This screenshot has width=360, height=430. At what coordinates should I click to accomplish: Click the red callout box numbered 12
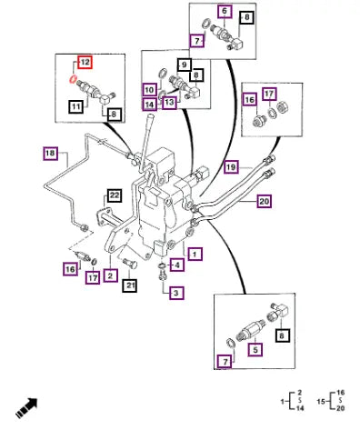[85, 62]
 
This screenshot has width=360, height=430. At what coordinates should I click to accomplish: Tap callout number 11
[75, 106]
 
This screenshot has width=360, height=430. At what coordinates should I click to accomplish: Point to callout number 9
[185, 65]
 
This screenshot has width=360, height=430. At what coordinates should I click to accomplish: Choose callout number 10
[150, 90]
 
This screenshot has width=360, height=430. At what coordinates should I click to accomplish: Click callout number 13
[169, 102]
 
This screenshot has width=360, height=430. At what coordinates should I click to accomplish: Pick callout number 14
[150, 105]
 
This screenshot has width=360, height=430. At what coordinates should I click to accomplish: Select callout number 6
[225, 12]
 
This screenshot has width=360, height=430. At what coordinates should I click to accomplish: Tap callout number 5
[255, 349]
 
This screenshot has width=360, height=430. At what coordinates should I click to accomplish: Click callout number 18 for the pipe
[50, 153]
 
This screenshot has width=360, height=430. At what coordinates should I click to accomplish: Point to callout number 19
[231, 167]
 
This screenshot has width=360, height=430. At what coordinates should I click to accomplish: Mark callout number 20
[265, 201]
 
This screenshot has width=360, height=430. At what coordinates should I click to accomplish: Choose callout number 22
[115, 195]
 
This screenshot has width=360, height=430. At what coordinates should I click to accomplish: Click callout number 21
[130, 285]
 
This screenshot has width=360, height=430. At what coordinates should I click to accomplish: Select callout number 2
[110, 275]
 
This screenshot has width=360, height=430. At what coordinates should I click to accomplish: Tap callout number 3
[176, 293]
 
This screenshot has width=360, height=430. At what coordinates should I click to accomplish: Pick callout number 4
[177, 265]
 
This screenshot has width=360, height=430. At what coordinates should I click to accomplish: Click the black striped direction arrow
[26, 408]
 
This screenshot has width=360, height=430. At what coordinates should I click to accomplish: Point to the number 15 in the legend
[321, 402]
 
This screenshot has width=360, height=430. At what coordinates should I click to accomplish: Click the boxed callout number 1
[195, 254]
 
